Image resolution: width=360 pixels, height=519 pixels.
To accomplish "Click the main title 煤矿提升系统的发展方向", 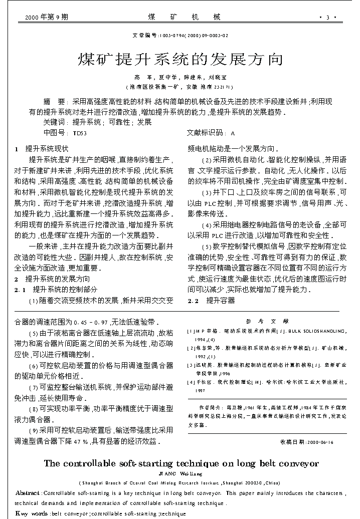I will (180, 60).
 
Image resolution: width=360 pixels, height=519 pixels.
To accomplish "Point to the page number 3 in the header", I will (327, 18).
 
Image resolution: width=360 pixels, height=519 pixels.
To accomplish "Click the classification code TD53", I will (80, 133).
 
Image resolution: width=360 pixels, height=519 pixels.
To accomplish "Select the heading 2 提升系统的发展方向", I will (52, 279).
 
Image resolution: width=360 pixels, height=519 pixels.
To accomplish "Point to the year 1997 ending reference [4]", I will (201, 390).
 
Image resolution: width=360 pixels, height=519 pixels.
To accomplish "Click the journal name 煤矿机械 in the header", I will (185, 18).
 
